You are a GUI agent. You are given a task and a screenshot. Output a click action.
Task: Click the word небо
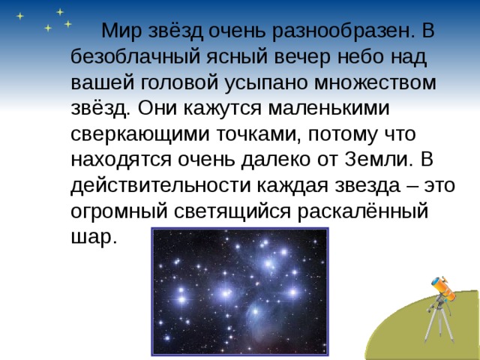[342, 57]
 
